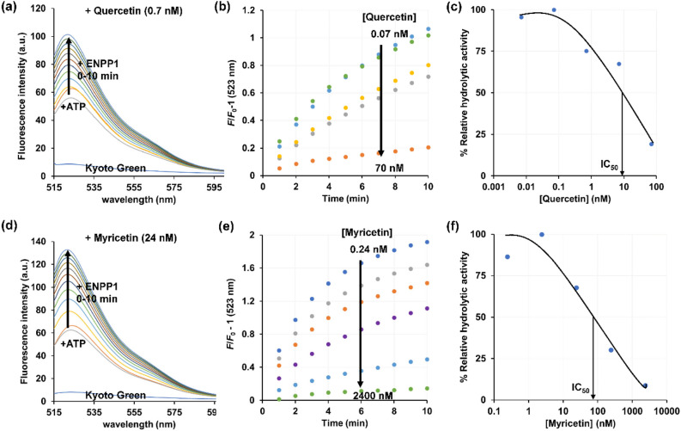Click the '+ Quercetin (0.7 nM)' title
(120, 10)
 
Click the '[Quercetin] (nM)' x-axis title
(575, 200)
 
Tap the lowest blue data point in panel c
(651, 144)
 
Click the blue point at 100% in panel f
(541, 235)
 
